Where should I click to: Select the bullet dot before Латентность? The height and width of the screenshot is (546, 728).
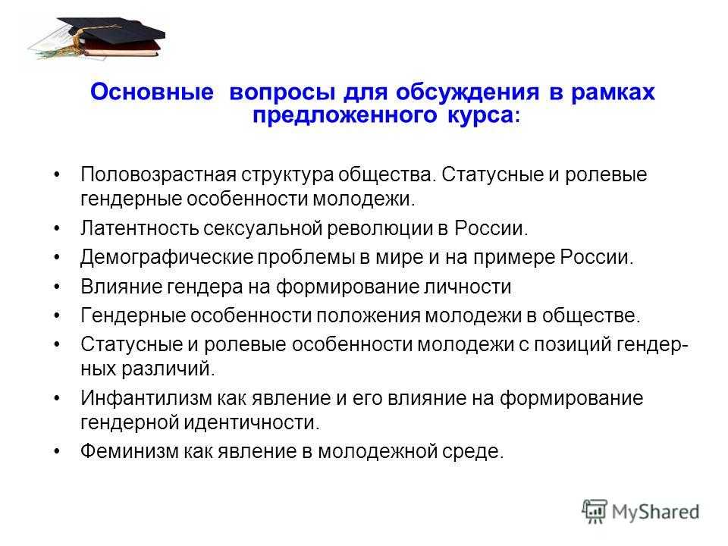(61, 228)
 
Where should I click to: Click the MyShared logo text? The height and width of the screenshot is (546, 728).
(653, 510)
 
